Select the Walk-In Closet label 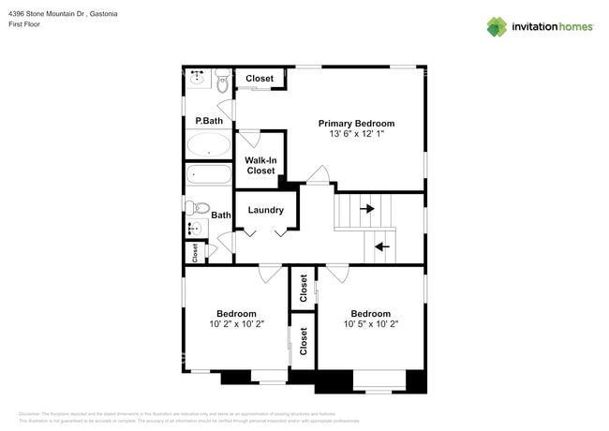pyautogui.click(x=260, y=165)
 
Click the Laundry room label pyautogui.click(x=265, y=210)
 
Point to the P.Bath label pyautogui.click(x=209, y=121)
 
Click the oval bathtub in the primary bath pyautogui.click(x=208, y=144)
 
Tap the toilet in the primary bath pyautogui.click(x=222, y=83)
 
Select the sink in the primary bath pyautogui.click(x=198, y=77)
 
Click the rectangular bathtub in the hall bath pyautogui.click(x=208, y=174)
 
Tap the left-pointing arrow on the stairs pyautogui.click(x=381, y=246)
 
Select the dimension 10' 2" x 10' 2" pyautogui.click(x=236, y=325)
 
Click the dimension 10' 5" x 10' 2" pyautogui.click(x=370, y=325)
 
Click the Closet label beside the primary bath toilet pyautogui.click(x=260, y=79)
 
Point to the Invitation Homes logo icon pyautogui.click(x=497, y=26)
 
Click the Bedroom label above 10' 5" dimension pyautogui.click(x=370, y=314)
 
